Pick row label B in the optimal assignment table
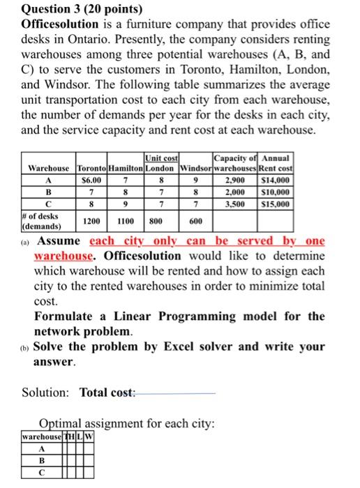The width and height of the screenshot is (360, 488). (x=41, y=461)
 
